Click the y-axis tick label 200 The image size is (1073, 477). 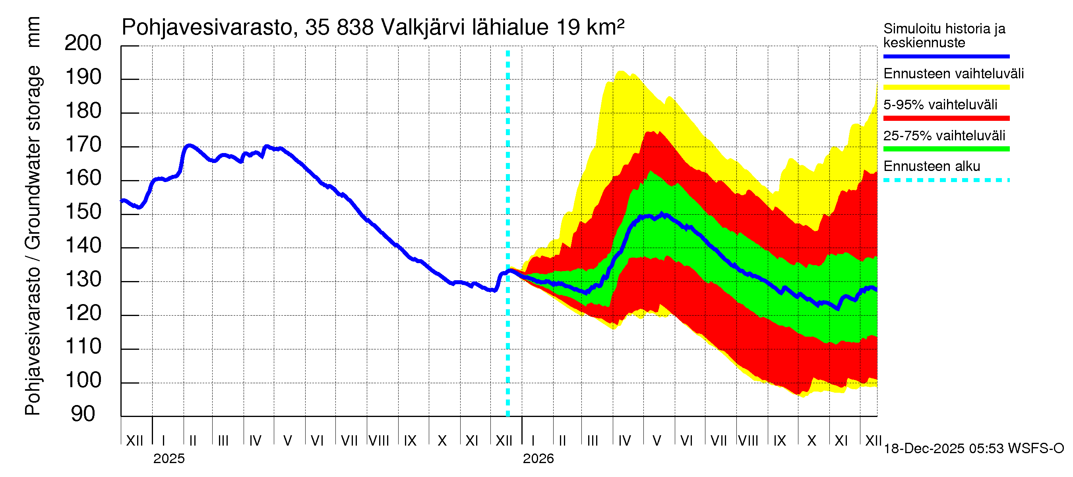coord(83,43)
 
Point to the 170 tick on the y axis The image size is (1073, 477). coord(83,145)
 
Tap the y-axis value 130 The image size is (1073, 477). coord(83,279)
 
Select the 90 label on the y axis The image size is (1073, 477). coord(83,414)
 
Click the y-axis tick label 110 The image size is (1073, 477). coord(83,347)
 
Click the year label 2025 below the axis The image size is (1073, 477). coord(169,459)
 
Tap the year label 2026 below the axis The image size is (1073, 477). coord(538,459)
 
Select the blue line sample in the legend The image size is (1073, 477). coord(946,56)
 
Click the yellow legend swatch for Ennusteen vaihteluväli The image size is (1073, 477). coord(946,87)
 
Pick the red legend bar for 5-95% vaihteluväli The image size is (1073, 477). coord(946,118)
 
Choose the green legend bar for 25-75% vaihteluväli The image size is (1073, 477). coord(946,149)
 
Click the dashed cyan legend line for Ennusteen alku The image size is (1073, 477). coord(946,180)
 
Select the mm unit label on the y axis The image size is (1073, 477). coord(33,33)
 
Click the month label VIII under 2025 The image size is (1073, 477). coord(379,441)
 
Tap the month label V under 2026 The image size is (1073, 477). coord(657,441)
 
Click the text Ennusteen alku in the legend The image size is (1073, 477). coord(932,167)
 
